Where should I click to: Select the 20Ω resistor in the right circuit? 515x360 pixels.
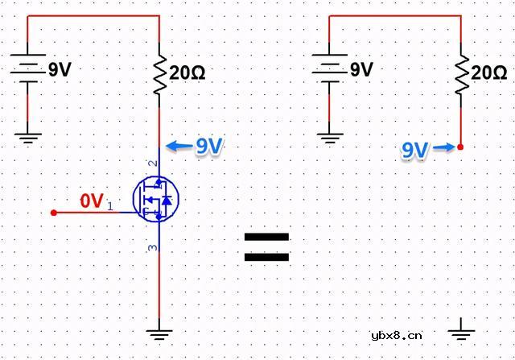point(460,74)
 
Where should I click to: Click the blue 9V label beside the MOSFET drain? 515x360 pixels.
point(209,146)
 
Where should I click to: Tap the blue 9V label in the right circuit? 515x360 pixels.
point(414,150)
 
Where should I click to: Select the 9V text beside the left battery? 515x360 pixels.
point(60,70)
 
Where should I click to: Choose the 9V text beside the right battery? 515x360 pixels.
point(361,70)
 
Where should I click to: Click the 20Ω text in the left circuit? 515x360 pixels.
point(187,72)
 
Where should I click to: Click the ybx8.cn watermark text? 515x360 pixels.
point(396,336)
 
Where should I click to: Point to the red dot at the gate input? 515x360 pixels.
point(54,213)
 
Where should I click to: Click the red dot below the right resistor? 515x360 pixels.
point(460,147)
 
